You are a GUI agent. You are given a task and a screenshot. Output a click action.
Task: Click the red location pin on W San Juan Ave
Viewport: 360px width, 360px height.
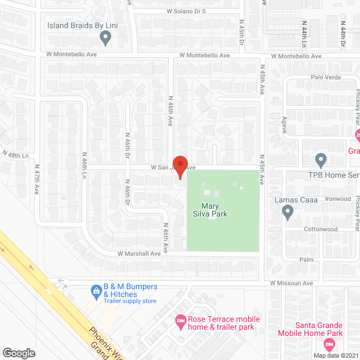[179, 167]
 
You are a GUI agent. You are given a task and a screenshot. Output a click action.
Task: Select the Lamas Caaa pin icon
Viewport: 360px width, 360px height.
[287, 212]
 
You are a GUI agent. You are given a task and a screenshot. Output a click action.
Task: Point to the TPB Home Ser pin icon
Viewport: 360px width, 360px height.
[321, 160]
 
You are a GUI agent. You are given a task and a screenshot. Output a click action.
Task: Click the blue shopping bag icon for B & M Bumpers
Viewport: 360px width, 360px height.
[96, 291]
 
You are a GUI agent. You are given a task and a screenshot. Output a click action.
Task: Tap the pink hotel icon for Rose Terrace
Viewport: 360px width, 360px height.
[180, 319]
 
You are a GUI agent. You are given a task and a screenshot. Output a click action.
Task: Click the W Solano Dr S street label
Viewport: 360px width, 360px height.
[186, 11]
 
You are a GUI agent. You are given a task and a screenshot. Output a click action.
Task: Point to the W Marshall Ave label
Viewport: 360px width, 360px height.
[139, 254]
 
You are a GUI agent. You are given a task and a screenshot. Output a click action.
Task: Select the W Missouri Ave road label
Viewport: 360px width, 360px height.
[291, 283]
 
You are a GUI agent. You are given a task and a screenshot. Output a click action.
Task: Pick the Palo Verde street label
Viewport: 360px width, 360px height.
[323, 76]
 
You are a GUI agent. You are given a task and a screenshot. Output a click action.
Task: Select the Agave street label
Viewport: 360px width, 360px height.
[283, 121]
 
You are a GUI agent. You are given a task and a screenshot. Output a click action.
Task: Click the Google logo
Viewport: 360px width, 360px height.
[19, 353]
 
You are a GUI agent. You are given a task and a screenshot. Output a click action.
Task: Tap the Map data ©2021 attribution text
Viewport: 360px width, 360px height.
[335, 355]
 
